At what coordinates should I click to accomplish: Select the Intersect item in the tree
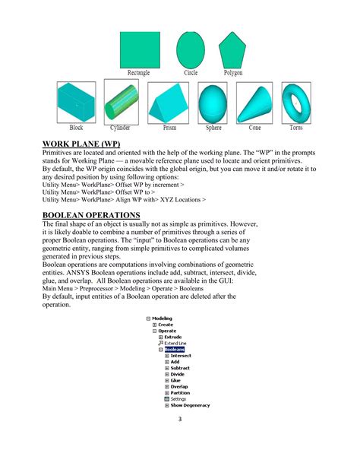181,356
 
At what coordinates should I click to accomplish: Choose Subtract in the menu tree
180,368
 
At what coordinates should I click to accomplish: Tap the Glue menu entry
175,380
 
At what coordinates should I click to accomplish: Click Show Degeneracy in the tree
190,405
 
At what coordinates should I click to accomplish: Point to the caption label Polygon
233,73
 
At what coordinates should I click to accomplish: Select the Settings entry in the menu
178,398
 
